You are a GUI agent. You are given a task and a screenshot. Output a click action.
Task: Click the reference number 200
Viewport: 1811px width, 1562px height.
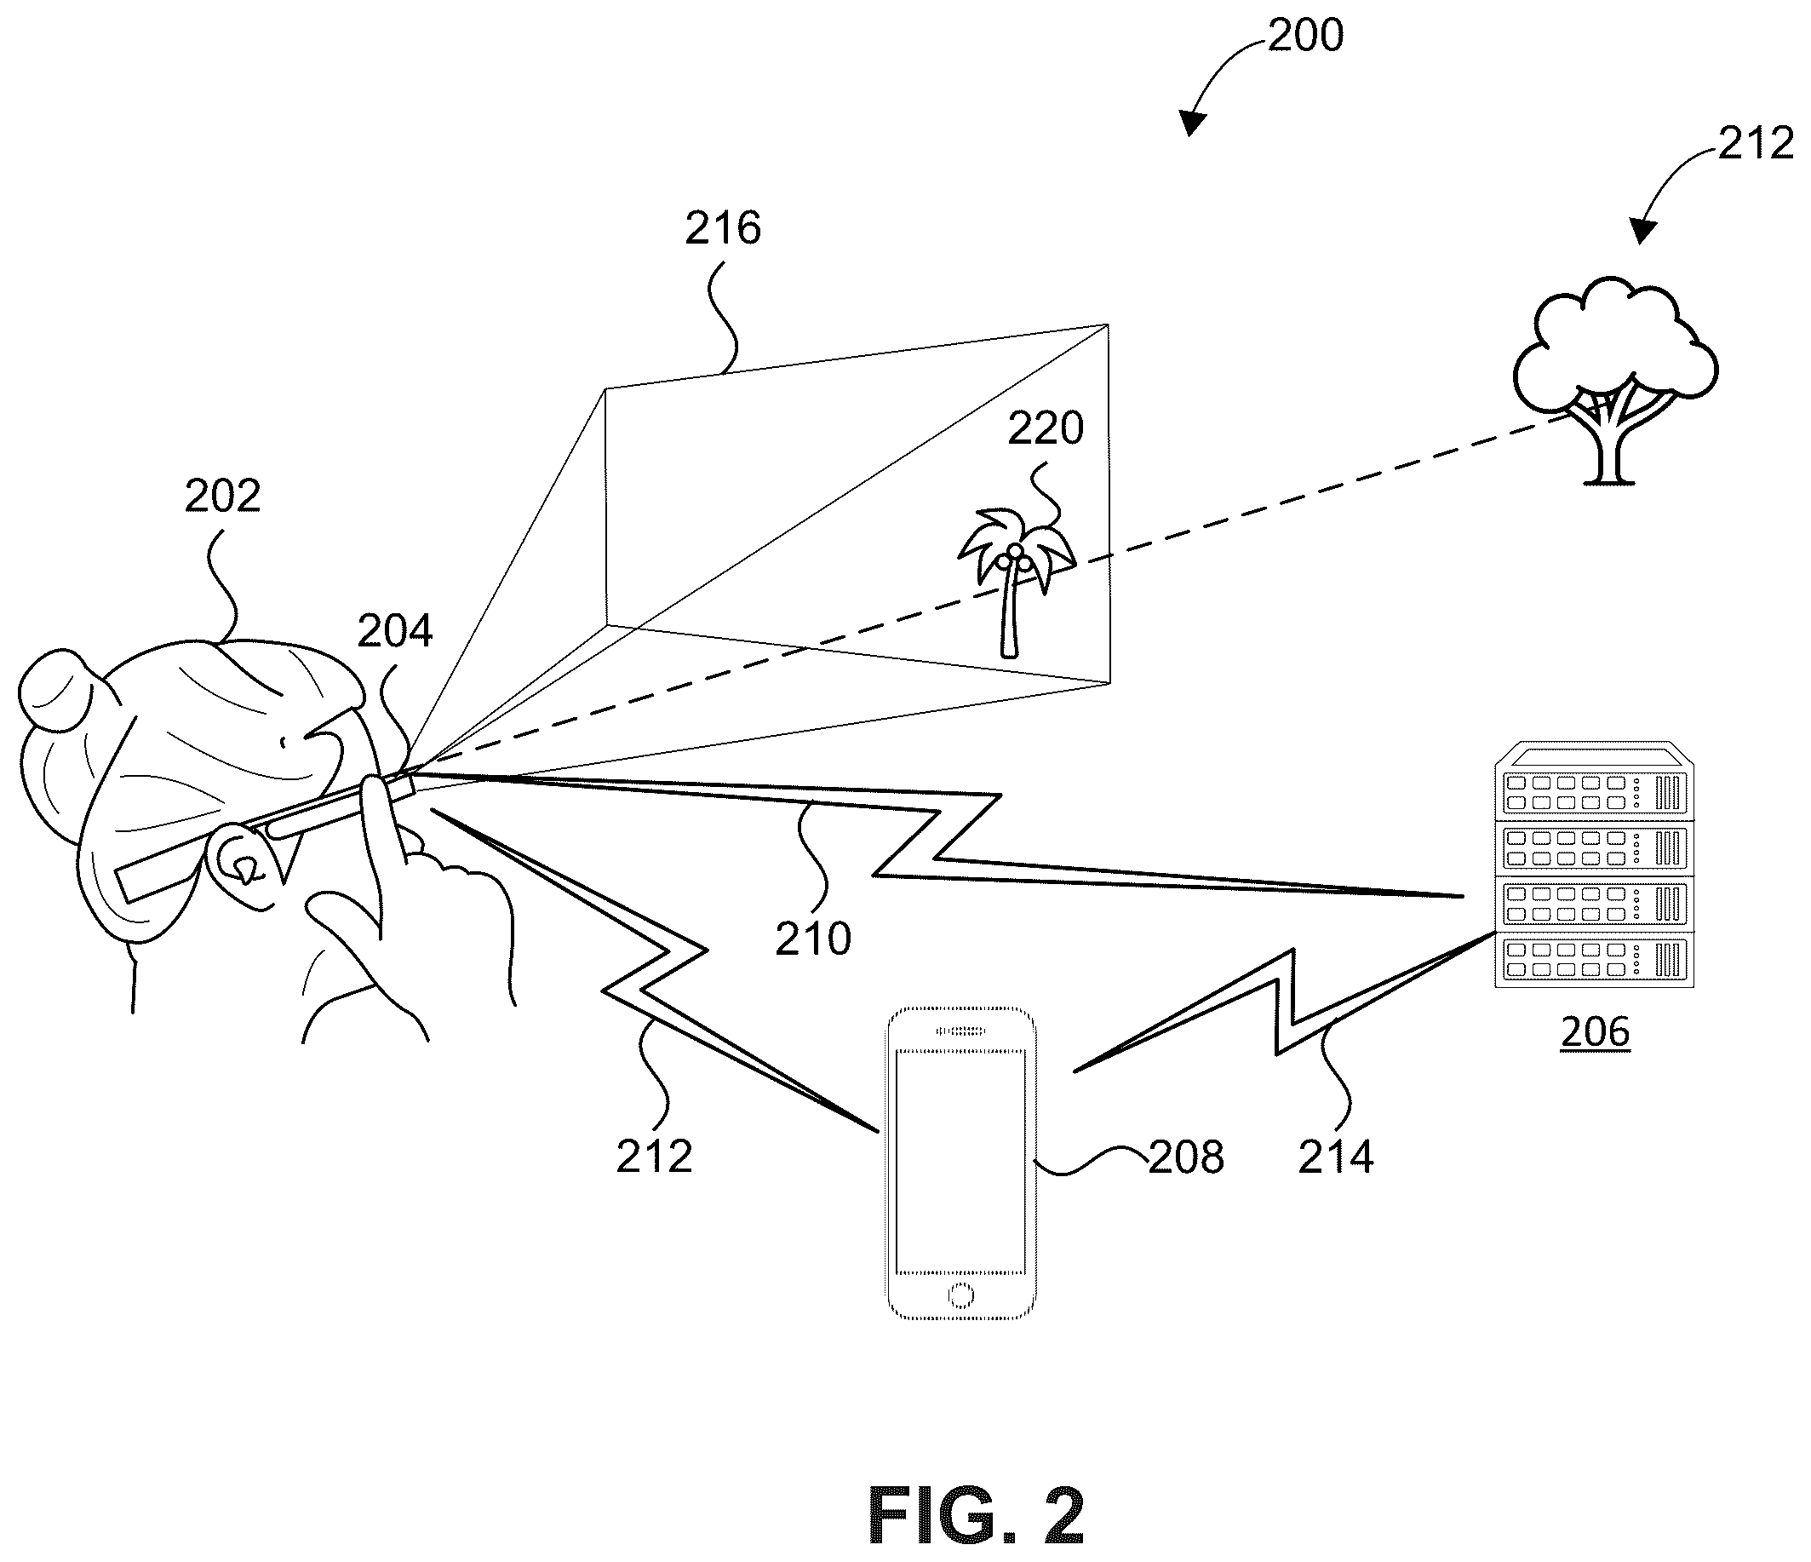[x=1305, y=36]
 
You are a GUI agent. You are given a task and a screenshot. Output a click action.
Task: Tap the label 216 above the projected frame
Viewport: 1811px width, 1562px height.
[x=723, y=228]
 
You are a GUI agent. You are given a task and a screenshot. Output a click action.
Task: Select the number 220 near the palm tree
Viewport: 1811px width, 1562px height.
[x=1046, y=428]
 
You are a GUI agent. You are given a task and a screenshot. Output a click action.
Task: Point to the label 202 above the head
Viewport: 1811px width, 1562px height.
[x=223, y=497]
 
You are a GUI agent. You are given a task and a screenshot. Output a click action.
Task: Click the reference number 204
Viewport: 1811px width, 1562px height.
[x=395, y=630]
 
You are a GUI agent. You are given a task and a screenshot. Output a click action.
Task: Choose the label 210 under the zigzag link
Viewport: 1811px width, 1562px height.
[x=813, y=939]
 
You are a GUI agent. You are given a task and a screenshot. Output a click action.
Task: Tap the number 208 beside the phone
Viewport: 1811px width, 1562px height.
[x=1186, y=1157]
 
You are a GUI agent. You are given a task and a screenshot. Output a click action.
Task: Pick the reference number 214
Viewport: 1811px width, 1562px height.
[x=1336, y=1157]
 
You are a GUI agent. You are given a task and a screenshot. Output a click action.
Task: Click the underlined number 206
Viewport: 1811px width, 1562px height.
[x=1595, y=1032]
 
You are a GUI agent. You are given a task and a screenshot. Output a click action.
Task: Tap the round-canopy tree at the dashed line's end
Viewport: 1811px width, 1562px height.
[x=1615, y=380]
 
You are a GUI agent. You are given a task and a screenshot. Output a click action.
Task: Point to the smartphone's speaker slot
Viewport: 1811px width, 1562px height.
[x=960, y=1031]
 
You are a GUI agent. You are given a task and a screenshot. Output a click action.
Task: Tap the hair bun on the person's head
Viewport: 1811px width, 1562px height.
[x=57, y=689]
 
